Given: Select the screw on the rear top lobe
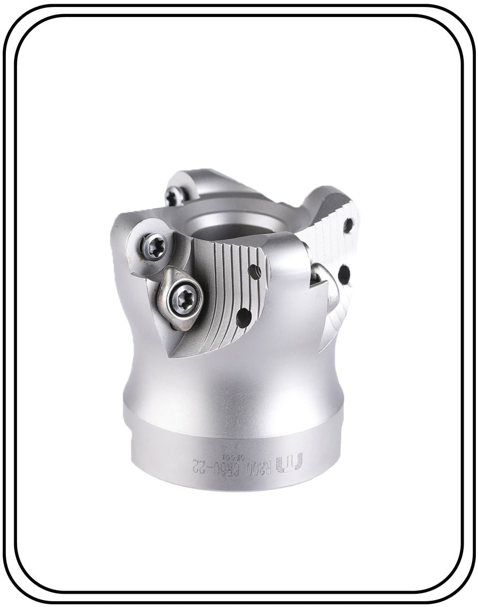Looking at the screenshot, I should (x=174, y=197).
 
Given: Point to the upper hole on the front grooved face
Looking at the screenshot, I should (x=257, y=272).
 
